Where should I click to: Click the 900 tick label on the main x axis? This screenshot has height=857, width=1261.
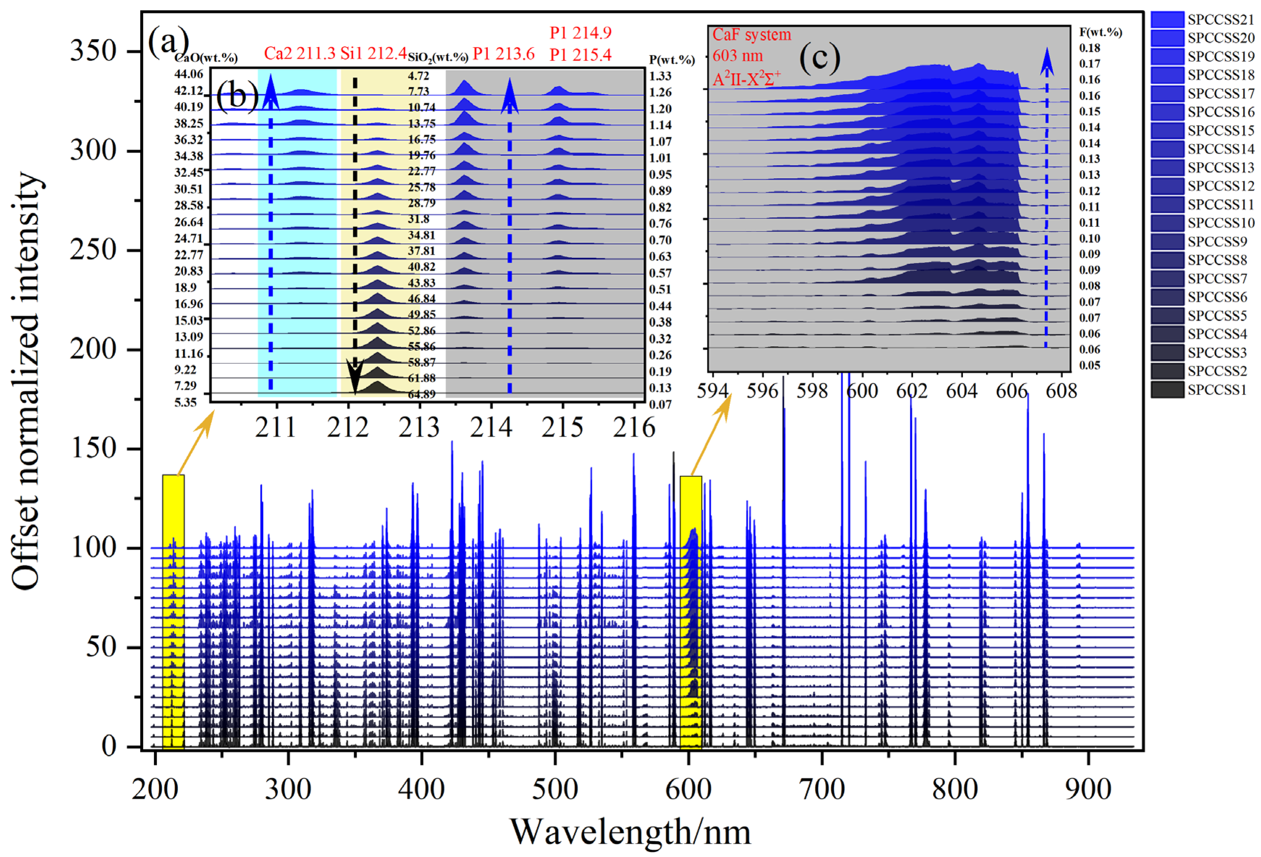1087,789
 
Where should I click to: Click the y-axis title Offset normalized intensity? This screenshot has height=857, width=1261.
26,380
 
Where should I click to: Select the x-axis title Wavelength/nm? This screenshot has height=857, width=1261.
630,832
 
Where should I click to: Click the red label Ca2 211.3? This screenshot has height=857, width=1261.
300,53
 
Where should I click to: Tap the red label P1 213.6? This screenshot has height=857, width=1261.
504,54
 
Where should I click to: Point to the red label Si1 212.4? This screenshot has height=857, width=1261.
373,53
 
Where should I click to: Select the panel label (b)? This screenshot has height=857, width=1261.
237,96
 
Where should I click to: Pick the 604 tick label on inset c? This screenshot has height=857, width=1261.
961,391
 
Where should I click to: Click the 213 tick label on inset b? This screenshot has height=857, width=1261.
419,428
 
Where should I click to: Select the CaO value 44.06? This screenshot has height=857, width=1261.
188,74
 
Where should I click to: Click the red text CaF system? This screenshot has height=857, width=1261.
752,35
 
